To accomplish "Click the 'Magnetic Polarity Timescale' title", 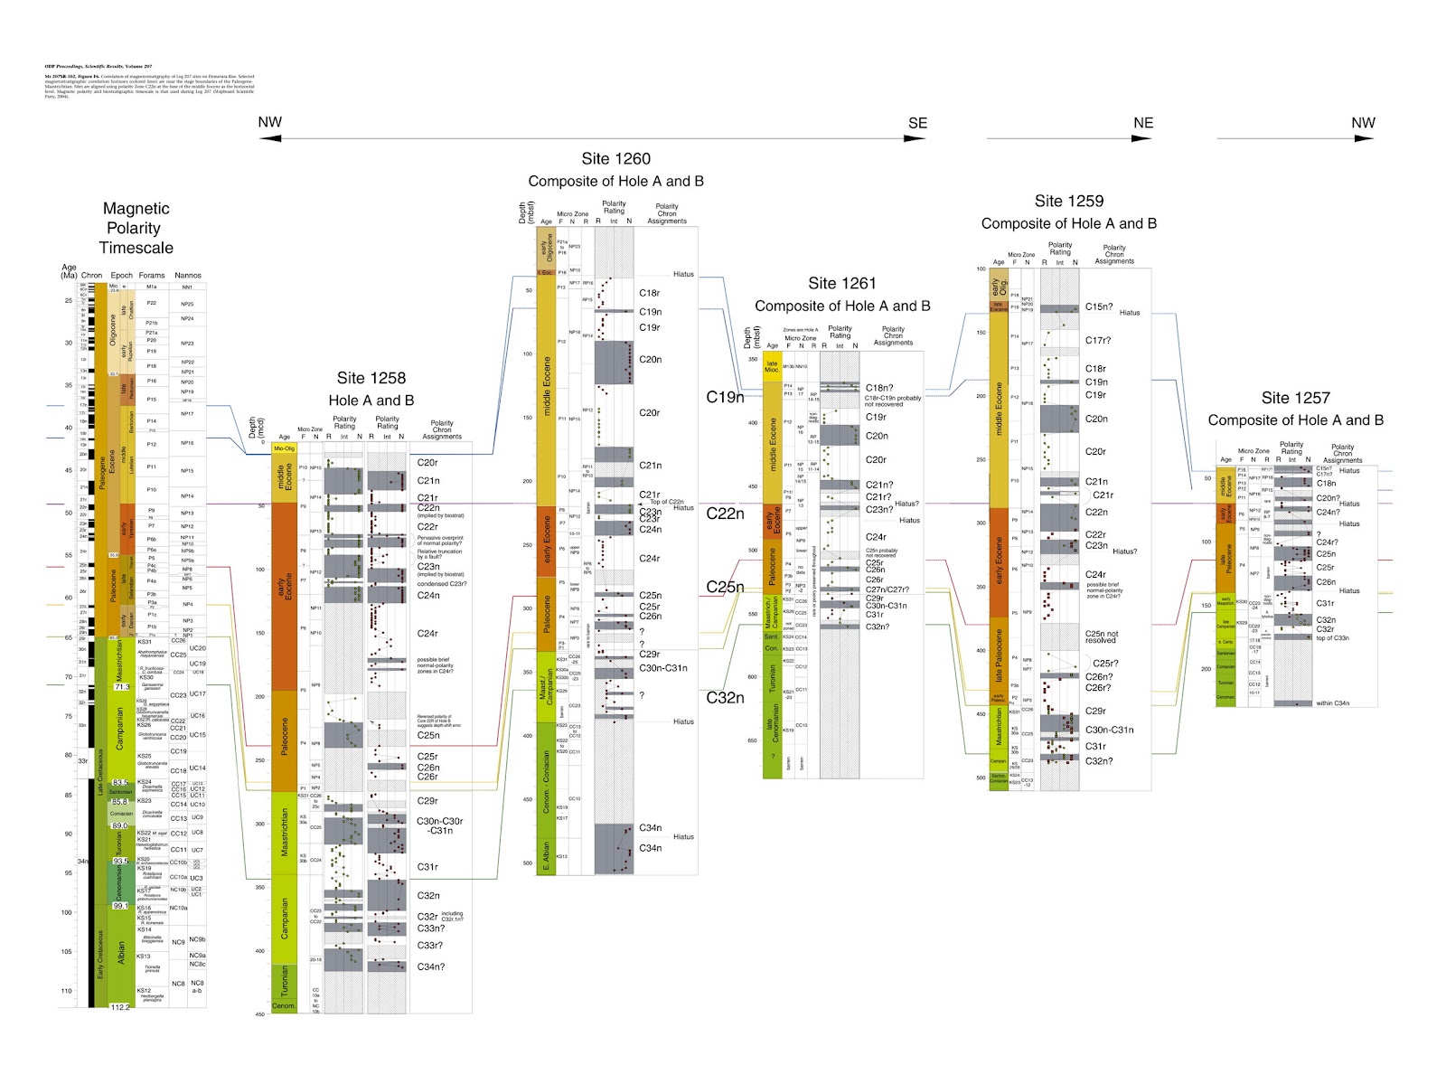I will (x=136, y=228).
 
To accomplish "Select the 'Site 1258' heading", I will (x=371, y=378).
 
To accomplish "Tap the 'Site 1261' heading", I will (x=841, y=283).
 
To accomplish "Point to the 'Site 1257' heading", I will (x=1295, y=398).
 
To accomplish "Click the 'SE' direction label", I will (x=917, y=123).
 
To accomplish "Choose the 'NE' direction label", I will (x=1143, y=123).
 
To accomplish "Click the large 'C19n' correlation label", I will (x=725, y=397).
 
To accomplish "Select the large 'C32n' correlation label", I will (x=725, y=697).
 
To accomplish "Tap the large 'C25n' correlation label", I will (x=725, y=587).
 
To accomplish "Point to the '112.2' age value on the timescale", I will (x=120, y=1006).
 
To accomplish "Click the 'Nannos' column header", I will (x=188, y=275).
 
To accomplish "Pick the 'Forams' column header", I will (x=152, y=275).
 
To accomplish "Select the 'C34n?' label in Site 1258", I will (x=431, y=966).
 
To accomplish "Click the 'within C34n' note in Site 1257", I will (x=1337, y=702).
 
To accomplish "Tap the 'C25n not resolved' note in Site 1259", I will (x=1101, y=637).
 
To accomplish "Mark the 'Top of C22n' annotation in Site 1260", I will (x=667, y=502).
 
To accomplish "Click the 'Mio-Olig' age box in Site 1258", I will (x=285, y=448).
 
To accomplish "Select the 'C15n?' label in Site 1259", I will (x=1099, y=306).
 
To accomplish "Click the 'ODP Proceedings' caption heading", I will (x=99, y=67).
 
